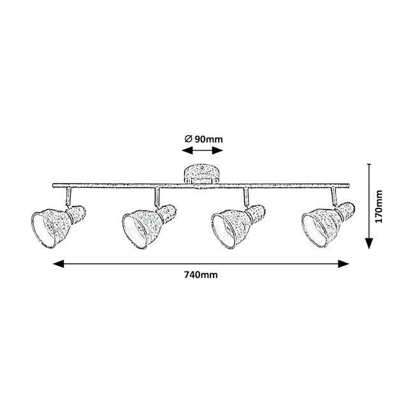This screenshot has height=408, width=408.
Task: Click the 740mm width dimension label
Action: point(201,275)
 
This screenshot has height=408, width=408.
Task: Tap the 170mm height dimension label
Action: point(379,207)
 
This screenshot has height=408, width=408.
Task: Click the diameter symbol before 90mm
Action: point(189,139)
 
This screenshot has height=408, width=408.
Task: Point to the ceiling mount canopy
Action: point(201,174)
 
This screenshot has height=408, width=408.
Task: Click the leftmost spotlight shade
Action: point(58,226)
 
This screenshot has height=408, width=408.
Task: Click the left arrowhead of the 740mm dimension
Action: point(58,264)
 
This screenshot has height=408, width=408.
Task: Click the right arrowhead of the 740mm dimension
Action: point(344,264)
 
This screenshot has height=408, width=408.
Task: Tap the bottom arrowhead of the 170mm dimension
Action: point(369,244)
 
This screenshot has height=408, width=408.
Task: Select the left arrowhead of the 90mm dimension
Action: point(187,150)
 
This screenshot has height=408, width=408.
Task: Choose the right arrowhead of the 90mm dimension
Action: point(217,150)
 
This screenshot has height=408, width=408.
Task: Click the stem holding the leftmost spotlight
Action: point(68,196)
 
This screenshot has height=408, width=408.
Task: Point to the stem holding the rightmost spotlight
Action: point(334,196)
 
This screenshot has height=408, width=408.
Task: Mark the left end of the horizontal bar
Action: point(53,186)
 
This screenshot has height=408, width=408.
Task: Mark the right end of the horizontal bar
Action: point(349,186)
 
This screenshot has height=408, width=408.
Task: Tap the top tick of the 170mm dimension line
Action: point(369,164)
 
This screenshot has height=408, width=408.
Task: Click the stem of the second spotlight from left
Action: point(157,196)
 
